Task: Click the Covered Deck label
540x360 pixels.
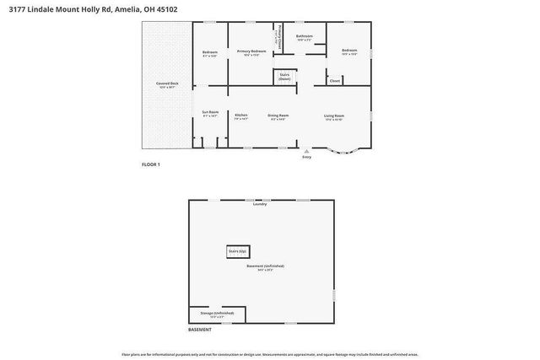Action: point(167,84)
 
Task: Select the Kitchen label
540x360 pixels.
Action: point(241,116)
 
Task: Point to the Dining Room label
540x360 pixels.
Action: point(278,116)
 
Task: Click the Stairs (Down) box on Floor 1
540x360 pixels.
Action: point(284,77)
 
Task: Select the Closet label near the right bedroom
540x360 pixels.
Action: point(335,81)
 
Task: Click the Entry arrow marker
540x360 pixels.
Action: point(305,151)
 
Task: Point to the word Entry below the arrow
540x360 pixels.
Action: point(305,158)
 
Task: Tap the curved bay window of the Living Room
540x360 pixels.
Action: point(343,152)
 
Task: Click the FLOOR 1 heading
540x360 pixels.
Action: point(150,164)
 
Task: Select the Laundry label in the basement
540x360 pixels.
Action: point(260,204)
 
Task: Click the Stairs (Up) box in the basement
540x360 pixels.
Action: point(238,251)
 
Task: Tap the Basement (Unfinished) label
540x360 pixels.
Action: point(265,267)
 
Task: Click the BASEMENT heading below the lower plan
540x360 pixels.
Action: point(199,330)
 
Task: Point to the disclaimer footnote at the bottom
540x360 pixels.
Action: point(270,354)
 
